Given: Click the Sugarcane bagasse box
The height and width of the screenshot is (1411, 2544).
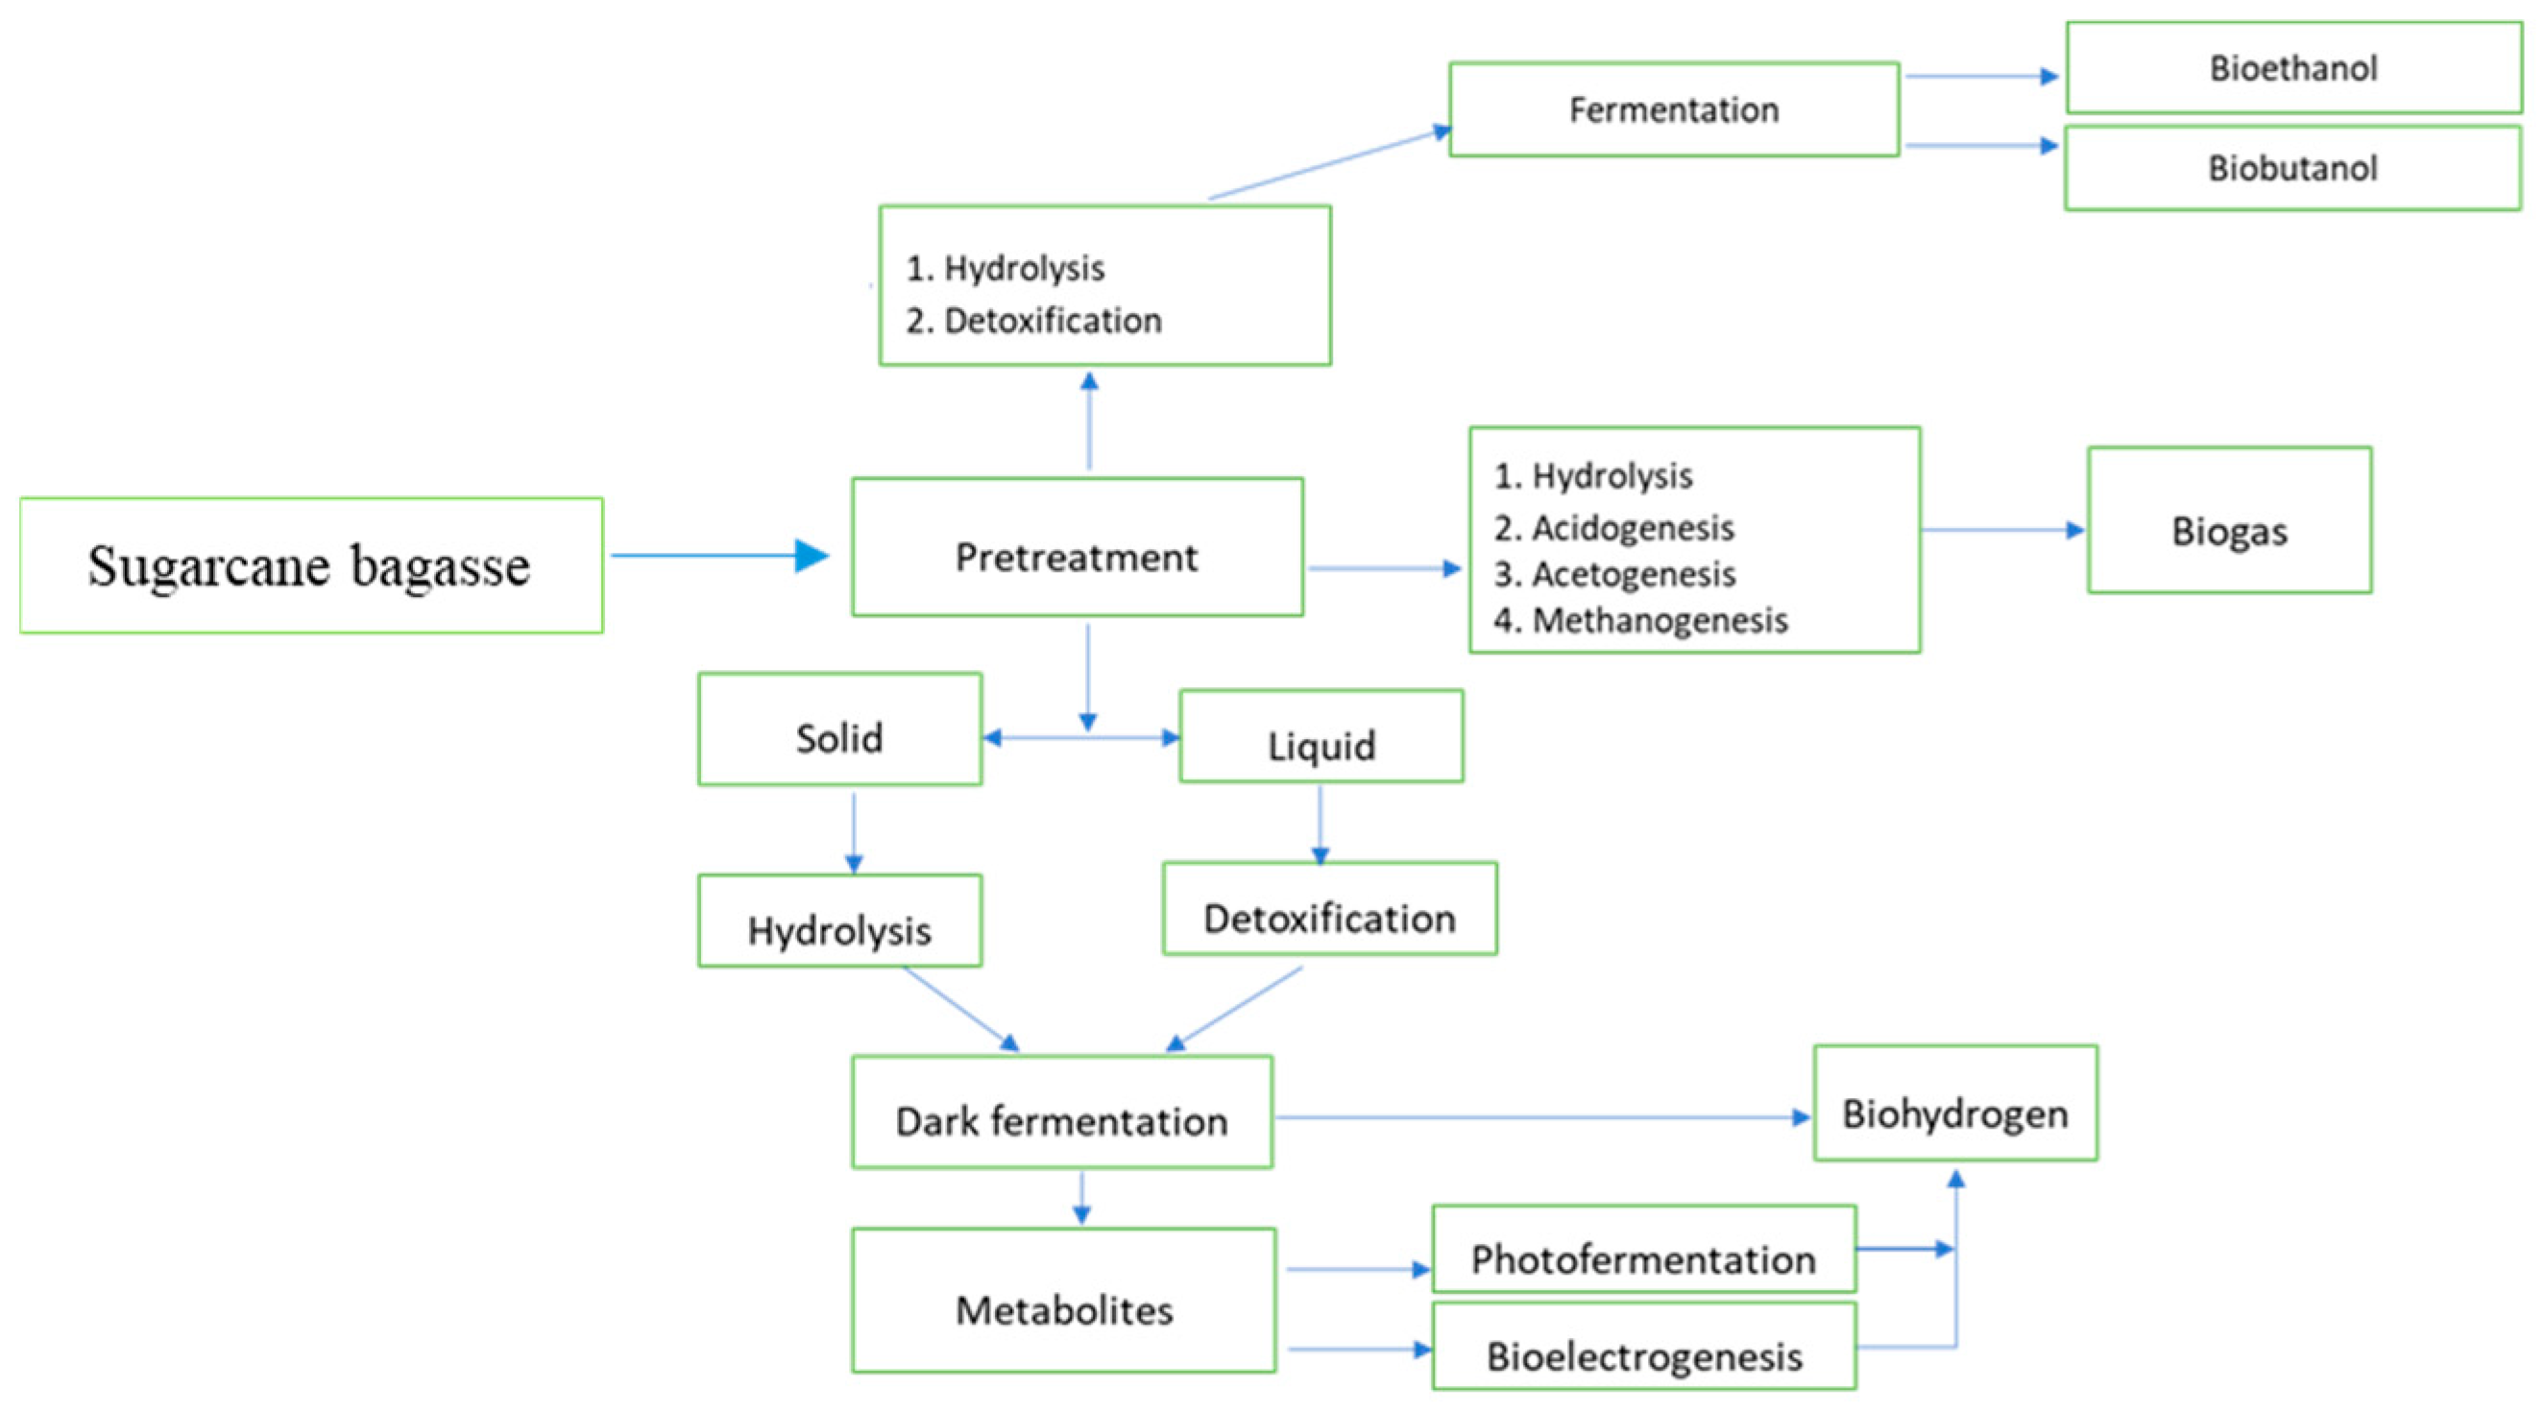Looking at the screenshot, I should pyautogui.click(x=310, y=564).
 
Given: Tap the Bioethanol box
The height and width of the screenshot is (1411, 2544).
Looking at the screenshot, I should pyautogui.click(x=2293, y=68).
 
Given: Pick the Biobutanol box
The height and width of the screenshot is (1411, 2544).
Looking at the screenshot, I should pyautogui.click(x=2292, y=168).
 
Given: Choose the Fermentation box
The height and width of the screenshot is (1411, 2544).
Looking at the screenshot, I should pyautogui.click(x=1673, y=109).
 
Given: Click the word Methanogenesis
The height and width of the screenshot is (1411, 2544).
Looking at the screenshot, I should pyautogui.click(x=1660, y=620).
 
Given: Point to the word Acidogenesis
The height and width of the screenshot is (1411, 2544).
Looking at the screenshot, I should pyautogui.click(x=1633, y=528).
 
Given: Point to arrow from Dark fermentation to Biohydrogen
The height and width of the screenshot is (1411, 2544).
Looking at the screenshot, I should pyautogui.click(x=1540, y=1117).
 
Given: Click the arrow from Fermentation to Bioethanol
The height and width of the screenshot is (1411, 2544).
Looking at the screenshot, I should pyautogui.click(x=1980, y=76).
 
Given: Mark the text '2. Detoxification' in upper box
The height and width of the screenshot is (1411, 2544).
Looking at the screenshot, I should pyautogui.click(x=1033, y=320).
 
